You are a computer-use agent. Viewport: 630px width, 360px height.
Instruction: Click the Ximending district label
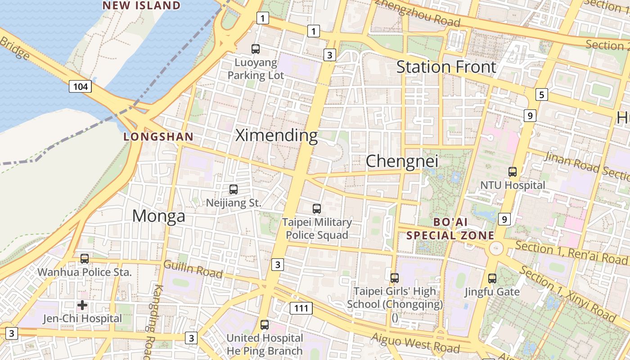(276, 135)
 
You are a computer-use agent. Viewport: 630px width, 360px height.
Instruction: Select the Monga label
(158, 216)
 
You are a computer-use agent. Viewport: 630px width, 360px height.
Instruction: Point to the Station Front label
(446, 67)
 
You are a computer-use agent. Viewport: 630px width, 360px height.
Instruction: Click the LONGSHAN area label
(158, 137)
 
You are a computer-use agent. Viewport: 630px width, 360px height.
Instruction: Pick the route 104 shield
(81, 86)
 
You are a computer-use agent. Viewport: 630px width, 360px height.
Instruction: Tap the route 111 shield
(301, 308)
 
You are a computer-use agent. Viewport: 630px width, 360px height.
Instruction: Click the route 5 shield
(541, 94)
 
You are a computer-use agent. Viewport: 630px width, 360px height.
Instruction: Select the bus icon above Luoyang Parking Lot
(256, 49)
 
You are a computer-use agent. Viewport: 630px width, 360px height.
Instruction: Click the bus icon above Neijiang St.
(233, 189)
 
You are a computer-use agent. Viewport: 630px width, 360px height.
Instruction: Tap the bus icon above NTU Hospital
(512, 171)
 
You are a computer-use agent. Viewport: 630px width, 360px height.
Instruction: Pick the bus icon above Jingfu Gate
(492, 279)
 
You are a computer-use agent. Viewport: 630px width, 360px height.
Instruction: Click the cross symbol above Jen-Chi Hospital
(82, 305)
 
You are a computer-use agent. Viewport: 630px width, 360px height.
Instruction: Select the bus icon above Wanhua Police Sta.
(84, 259)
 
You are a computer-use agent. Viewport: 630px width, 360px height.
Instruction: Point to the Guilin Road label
(193, 269)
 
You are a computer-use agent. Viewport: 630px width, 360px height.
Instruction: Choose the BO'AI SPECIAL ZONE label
(450, 229)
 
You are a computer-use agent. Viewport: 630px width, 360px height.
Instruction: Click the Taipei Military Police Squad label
(317, 229)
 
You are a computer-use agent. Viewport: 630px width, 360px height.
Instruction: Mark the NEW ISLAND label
(141, 5)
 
